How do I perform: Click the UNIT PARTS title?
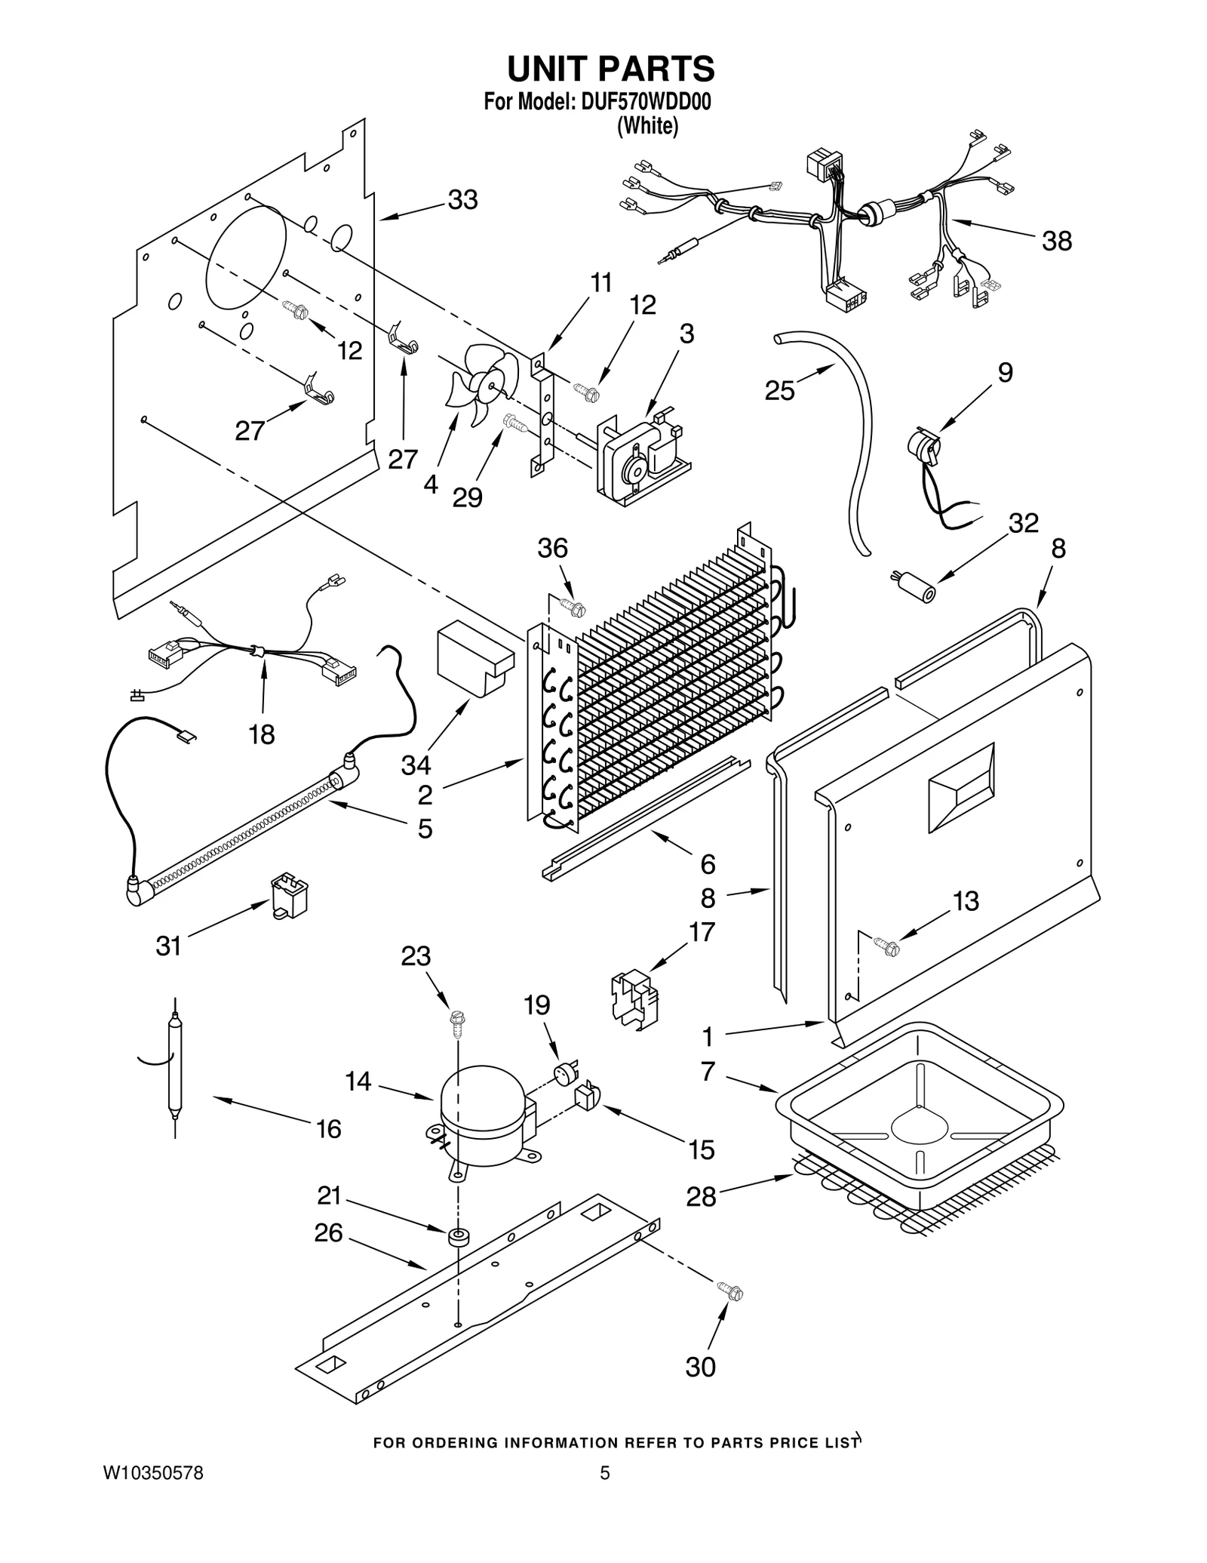pyautogui.click(x=610, y=69)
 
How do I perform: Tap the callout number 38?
pyautogui.click(x=1056, y=242)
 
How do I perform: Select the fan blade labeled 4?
pyautogui.click(x=483, y=383)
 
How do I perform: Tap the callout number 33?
pyautogui.click(x=462, y=200)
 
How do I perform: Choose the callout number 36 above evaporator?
pyautogui.click(x=552, y=549)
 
